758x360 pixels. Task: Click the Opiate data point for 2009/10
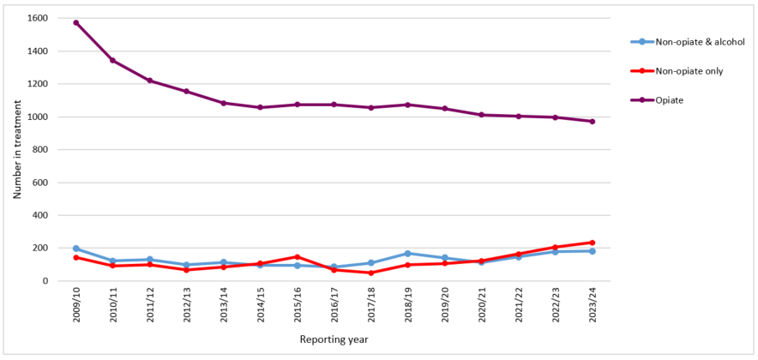coord(76,22)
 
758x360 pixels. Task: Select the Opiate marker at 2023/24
coord(592,121)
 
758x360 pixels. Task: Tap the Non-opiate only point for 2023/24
coord(592,243)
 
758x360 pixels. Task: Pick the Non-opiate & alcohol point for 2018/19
coord(407,254)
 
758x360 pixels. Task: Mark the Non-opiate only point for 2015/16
coord(297,257)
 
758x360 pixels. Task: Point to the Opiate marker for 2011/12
coord(149,81)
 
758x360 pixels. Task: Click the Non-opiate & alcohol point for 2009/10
coord(76,249)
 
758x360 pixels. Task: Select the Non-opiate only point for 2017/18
coord(370,273)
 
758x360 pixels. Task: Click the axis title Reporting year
coord(334,339)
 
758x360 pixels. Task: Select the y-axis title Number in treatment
coord(16,149)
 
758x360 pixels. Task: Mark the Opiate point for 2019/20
coord(444,109)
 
